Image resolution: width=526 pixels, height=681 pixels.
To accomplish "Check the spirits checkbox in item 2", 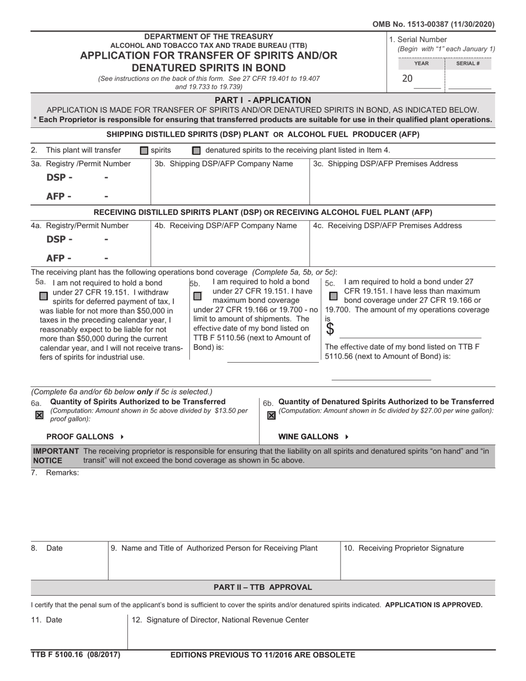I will (x=144, y=151).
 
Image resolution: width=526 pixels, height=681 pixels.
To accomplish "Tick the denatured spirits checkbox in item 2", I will (x=196, y=151).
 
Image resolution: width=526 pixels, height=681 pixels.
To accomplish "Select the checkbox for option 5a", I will (x=44, y=296).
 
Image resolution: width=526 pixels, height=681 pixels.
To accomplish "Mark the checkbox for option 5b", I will (x=197, y=296).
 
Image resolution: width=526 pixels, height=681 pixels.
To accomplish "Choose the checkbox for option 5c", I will (x=333, y=296).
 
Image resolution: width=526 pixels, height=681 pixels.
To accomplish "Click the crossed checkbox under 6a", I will (x=39, y=415).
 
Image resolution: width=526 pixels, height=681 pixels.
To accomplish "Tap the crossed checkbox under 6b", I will (x=271, y=415).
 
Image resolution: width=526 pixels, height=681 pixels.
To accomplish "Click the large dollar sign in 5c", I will (x=330, y=329).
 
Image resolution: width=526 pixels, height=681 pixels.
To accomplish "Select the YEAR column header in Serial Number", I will (x=421, y=64).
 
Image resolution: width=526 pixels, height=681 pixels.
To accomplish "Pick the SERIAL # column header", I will (x=468, y=64).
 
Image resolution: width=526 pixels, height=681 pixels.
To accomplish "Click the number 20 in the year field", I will (x=407, y=79).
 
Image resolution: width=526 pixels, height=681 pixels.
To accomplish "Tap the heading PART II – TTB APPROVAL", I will (x=263, y=587).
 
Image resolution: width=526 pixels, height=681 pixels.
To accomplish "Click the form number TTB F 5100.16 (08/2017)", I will (x=75, y=655).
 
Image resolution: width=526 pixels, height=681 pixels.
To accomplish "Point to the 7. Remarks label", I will (x=55, y=472).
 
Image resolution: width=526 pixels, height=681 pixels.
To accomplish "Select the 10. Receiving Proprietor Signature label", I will (x=404, y=548).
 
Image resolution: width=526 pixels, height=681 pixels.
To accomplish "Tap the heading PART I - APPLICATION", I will (x=263, y=100).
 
